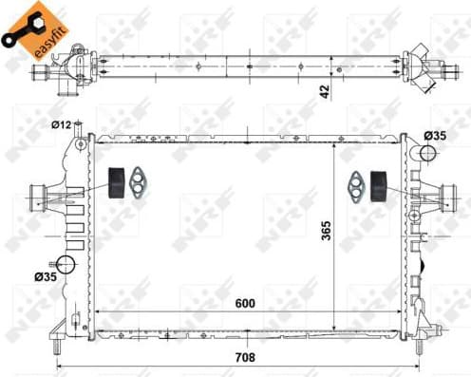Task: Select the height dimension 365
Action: [325, 232]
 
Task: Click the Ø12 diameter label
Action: [64, 124]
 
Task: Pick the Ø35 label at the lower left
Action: [45, 277]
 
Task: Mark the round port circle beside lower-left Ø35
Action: [66, 265]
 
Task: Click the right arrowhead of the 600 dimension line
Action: [397, 315]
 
